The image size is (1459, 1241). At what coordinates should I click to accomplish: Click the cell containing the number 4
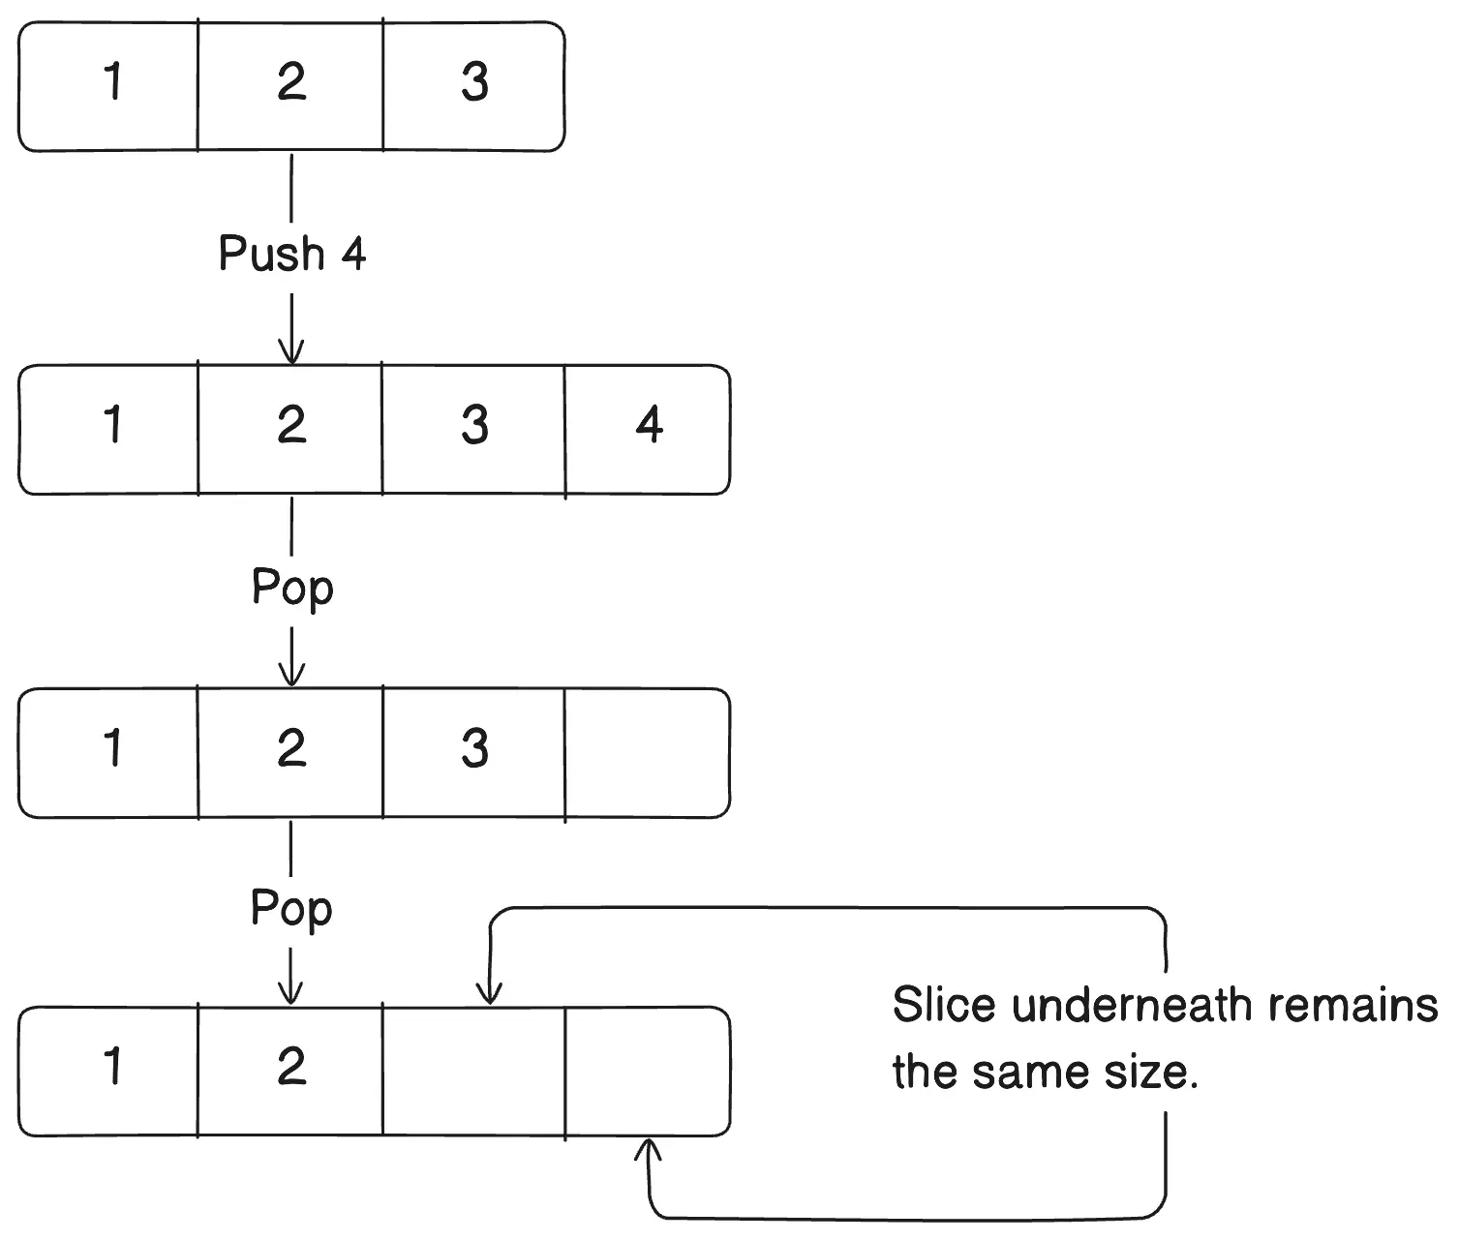648,426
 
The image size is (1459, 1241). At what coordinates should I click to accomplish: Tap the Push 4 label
291,254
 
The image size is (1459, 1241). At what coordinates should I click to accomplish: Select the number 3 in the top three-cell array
473,82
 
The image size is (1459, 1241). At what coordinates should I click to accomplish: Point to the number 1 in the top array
112,82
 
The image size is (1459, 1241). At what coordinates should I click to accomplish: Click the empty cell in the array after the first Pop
647,752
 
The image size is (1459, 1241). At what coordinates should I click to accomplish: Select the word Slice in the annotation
943,1006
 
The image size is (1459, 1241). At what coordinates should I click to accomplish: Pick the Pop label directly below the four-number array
291,588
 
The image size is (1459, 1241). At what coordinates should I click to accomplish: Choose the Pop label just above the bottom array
291,909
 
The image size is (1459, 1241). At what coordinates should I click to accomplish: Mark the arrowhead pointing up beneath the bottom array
649,1149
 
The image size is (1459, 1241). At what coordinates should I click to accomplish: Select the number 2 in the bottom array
291,1067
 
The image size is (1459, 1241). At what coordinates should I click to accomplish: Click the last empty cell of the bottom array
647,1071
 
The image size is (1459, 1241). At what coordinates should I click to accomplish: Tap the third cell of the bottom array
473,1071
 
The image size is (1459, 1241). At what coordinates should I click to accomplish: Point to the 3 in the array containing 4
473,426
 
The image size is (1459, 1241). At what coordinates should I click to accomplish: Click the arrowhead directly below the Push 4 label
291,352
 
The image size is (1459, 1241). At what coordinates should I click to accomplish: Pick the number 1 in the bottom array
112,1067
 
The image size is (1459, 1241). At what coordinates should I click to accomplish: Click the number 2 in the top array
291,82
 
